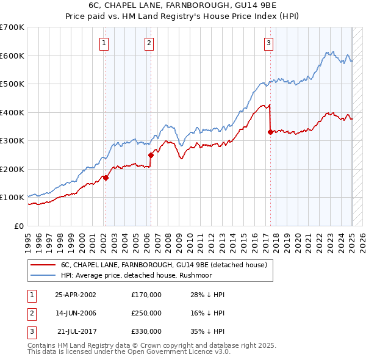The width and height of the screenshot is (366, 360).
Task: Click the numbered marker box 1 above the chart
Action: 105,43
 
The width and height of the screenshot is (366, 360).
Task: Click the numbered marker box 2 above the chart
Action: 149,43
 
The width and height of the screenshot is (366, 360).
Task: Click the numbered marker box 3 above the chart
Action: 268,43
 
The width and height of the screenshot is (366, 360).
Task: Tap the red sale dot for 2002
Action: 106,178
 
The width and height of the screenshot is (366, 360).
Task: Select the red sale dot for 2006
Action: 151,155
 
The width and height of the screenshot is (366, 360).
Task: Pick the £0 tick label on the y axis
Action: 19,226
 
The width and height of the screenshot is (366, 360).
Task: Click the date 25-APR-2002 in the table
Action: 76,295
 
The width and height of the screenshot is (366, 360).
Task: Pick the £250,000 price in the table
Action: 146,313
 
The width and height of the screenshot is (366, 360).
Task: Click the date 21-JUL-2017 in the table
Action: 76,332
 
